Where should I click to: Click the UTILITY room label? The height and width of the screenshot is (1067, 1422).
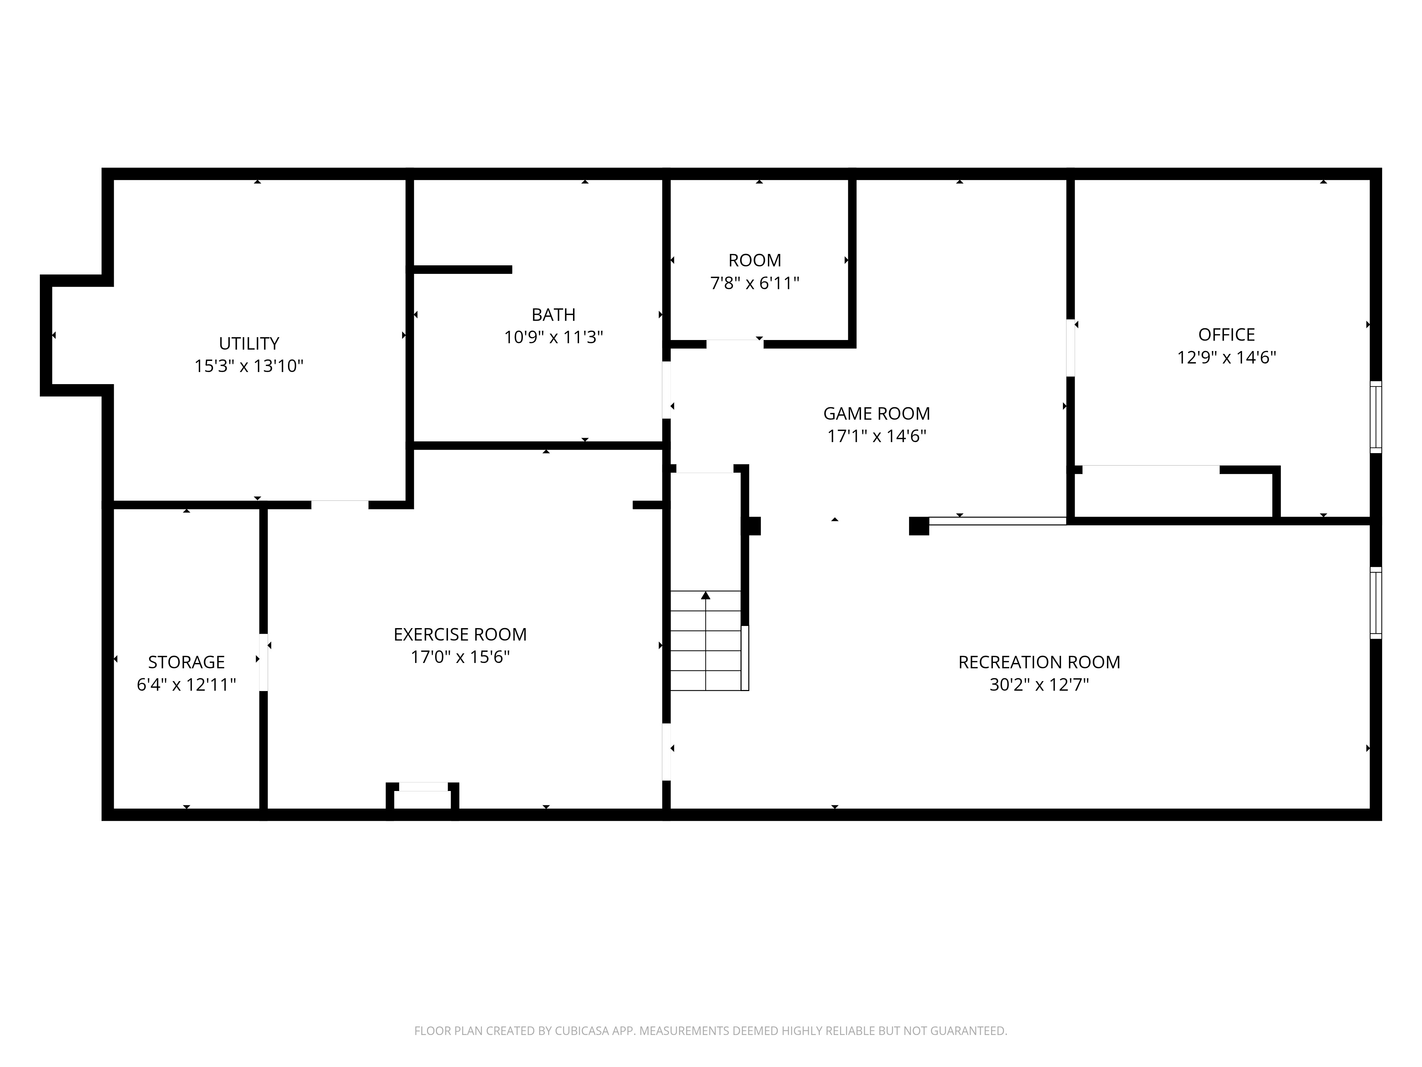(x=249, y=344)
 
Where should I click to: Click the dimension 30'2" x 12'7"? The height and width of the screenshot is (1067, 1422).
(x=1039, y=685)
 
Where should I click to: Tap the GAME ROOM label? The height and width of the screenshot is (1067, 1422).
(x=876, y=414)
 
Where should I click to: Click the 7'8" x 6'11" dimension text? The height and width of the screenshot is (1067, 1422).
(x=755, y=283)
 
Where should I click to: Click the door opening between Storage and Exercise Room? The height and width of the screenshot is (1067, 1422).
(x=263, y=663)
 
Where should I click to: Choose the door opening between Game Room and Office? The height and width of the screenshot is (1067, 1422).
(x=1070, y=348)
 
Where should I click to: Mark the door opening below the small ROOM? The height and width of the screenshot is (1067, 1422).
(x=735, y=344)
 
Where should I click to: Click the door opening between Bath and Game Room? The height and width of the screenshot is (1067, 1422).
(x=667, y=390)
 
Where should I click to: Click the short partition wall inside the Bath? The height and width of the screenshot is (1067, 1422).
(x=461, y=270)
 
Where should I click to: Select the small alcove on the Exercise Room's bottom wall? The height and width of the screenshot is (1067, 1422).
(x=422, y=797)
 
